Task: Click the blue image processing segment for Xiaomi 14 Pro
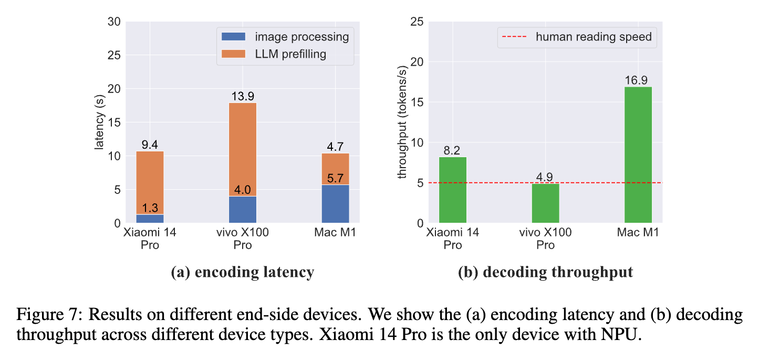tap(150, 219)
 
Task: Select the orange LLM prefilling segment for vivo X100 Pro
tap(243, 150)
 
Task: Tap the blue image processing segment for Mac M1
tap(335, 204)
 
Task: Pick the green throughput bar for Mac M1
tap(638, 155)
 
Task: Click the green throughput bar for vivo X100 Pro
tap(545, 203)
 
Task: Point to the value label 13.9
tap(243, 96)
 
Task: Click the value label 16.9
tap(638, 80)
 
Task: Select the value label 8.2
tap(453, 150)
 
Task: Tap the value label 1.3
tap(150, 208)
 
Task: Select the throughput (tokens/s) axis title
tap(402, 122)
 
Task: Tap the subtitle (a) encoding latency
tap(243, 272)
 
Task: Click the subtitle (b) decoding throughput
tap(545, 272)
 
